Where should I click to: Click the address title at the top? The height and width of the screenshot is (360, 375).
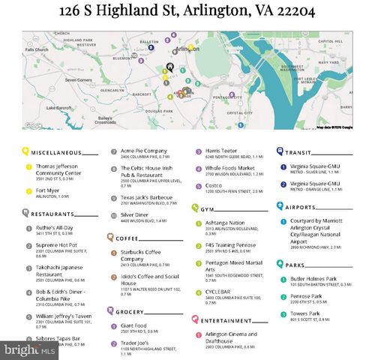tap(187, 13)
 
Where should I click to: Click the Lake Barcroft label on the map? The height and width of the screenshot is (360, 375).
tap(58, 107)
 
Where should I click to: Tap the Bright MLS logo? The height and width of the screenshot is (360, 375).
tap(22, 349)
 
